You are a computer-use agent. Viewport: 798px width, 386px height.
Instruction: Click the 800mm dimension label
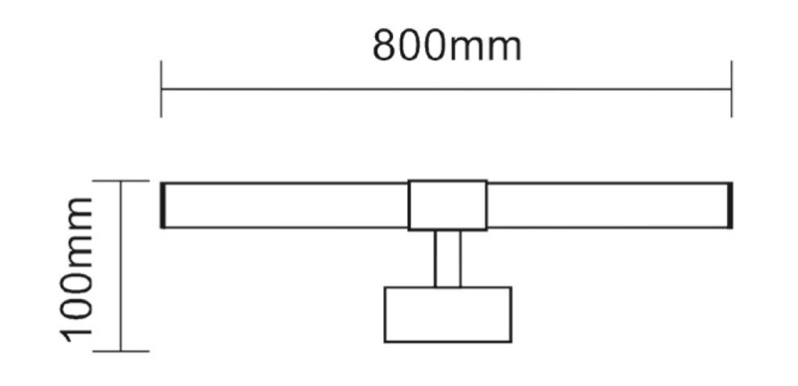(447, 45)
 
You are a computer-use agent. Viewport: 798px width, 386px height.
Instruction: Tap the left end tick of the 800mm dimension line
(162, 89)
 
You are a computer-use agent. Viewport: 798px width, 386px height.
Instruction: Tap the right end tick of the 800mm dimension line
(731, 89)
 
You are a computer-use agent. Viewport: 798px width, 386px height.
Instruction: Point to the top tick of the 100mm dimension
(121, 181)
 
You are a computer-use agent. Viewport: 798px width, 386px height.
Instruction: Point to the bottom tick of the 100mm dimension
(121, 351)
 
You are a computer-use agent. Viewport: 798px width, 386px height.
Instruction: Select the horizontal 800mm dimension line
(446, 89)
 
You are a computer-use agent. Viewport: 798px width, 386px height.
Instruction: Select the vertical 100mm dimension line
(121, 265)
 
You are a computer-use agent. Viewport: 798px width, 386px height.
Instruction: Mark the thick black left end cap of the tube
(163, 204)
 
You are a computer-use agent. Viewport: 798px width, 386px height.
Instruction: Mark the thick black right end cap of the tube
(730, 204)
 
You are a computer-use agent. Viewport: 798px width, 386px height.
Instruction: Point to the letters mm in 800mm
(486, 49)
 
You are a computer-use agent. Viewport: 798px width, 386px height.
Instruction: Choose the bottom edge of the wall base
(448, 342)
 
